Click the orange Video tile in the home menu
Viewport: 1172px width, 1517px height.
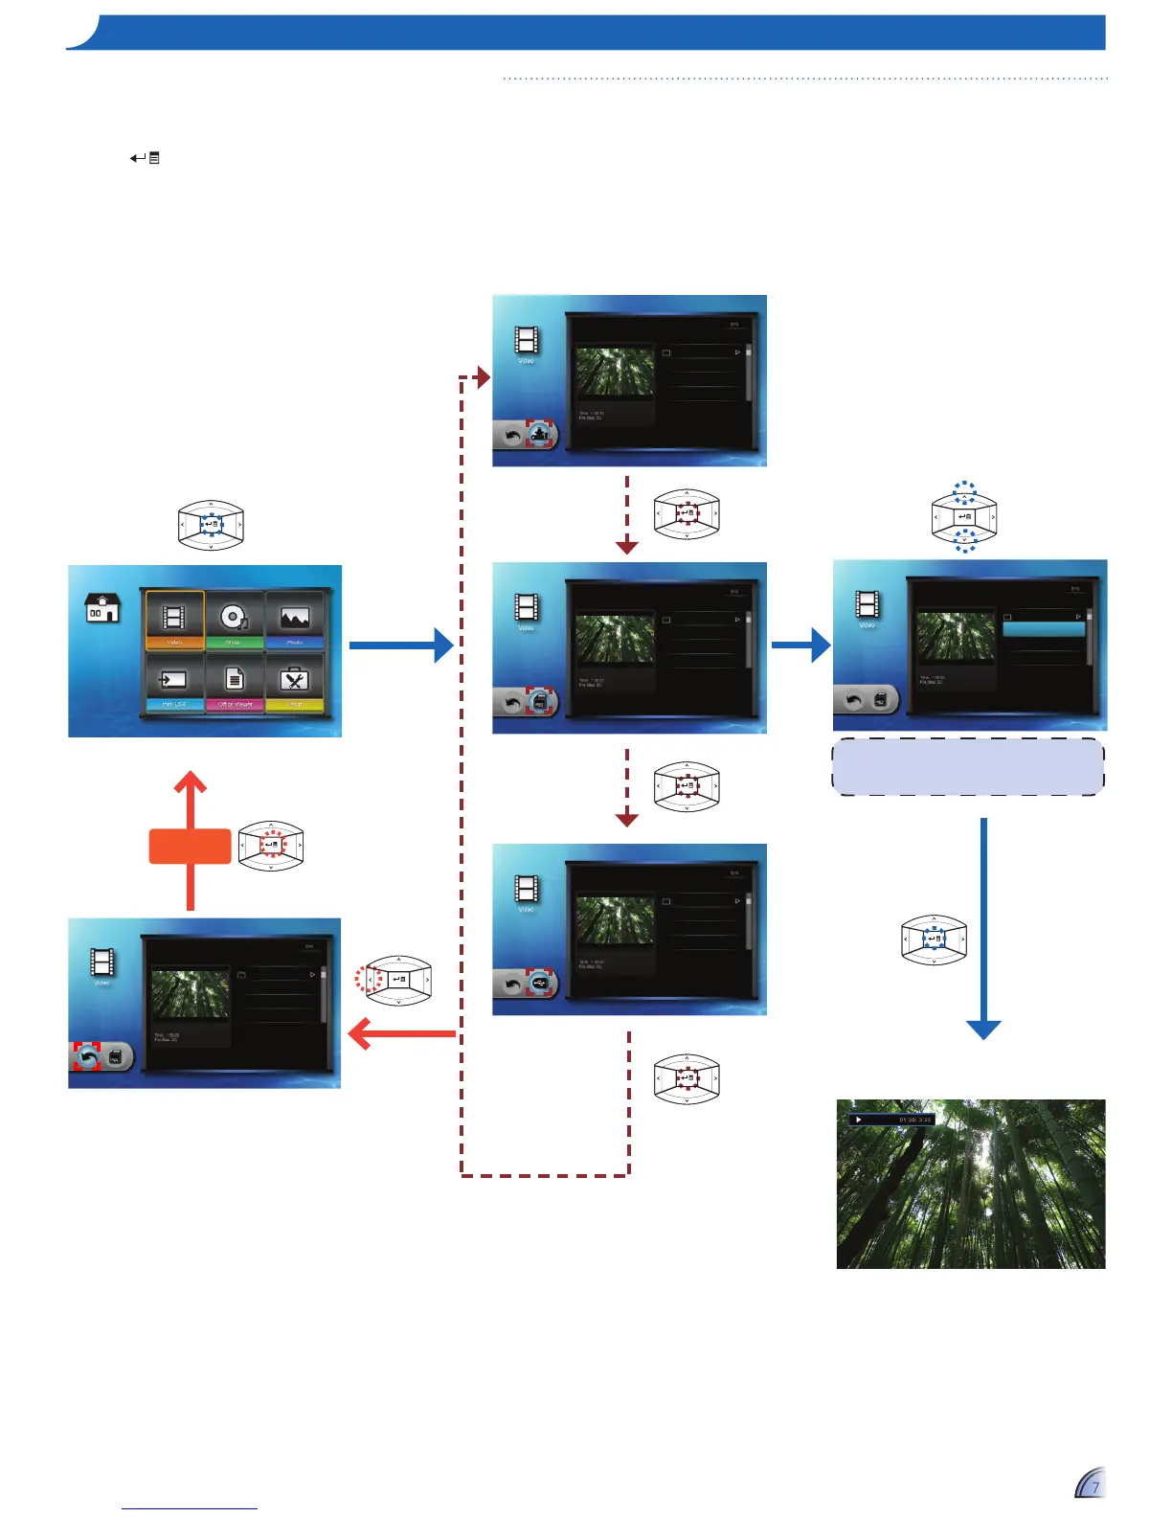(174, 620)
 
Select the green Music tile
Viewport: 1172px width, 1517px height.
(234, 620)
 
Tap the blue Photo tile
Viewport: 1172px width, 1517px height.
(294, 620)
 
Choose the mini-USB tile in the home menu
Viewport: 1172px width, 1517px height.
(174, 682)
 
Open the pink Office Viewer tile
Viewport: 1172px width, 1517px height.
(235, 682)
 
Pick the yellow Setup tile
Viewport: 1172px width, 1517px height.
(294, 682)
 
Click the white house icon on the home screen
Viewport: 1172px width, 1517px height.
(102, 607)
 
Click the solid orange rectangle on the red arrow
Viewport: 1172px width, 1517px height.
(190, 847)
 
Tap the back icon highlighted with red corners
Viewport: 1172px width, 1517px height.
(87, 1057)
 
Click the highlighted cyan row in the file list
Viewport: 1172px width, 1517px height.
(1044, 629)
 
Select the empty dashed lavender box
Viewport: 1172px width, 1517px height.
(968, 767)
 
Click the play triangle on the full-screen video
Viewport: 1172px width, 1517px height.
(859, 1119)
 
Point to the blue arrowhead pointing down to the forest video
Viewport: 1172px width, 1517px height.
(983, 1030)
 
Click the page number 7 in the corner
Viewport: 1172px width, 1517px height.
(1095, 1487)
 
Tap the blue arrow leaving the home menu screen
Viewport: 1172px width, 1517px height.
(400, 645)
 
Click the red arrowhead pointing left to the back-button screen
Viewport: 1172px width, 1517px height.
(360, 1033)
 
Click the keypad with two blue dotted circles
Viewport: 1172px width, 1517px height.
(964, 518)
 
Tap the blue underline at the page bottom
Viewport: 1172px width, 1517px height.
(190, 1508)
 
